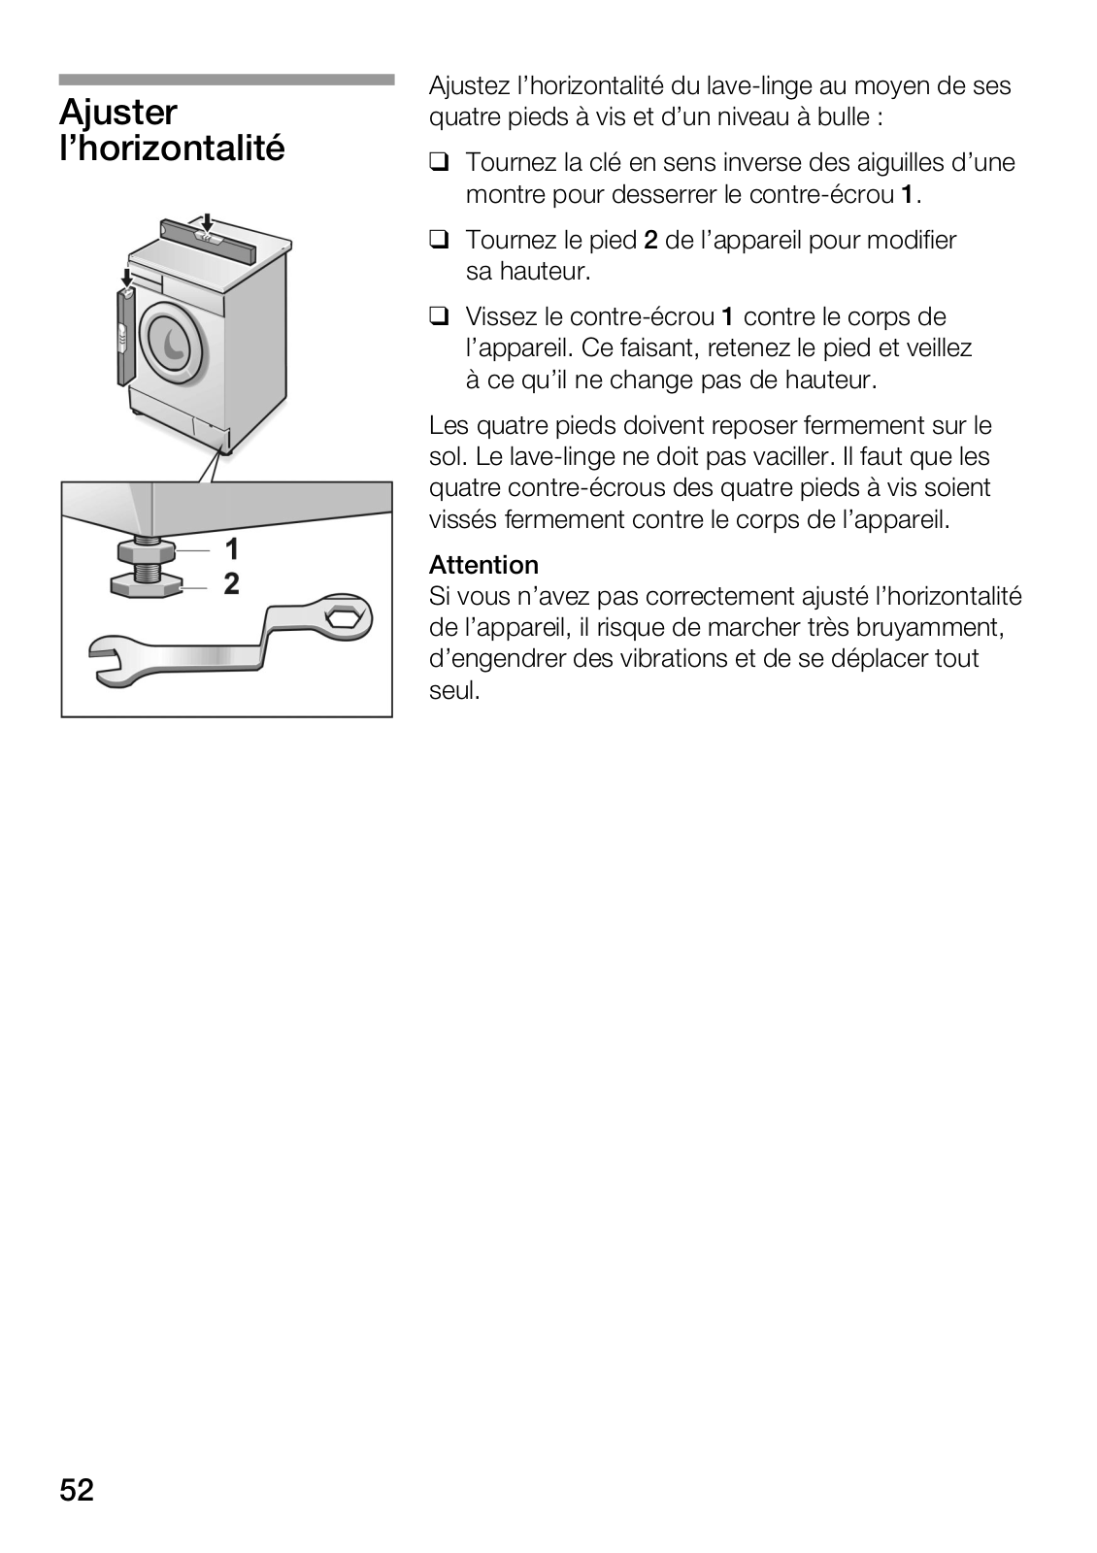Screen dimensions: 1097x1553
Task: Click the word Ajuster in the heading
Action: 117,114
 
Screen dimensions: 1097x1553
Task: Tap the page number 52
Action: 77,1489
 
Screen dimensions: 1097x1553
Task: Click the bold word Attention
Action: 483,565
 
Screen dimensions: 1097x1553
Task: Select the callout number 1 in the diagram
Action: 232,549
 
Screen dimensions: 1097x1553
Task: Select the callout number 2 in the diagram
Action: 232,583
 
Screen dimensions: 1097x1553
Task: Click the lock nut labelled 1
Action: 147,552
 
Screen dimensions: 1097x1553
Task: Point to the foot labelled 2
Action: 147,584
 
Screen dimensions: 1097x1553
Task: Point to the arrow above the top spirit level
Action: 207,221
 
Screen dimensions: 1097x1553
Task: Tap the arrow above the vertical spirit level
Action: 126,278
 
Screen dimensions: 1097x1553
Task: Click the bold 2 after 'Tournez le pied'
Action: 650,240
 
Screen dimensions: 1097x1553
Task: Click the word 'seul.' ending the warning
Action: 455,690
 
